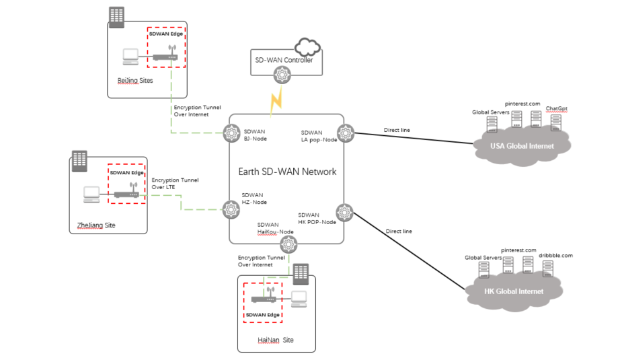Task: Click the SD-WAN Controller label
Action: coord(284,60)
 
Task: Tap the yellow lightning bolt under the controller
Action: coord(276,102)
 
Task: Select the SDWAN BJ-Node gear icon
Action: coord(232,132)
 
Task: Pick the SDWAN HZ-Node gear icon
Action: coord(232,209)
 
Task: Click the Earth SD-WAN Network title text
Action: coord(287,172)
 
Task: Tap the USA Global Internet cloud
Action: coord(522,147)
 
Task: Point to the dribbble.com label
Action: coord(555,255)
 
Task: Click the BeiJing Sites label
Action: coord(135,80)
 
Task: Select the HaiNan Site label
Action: coord(276,340)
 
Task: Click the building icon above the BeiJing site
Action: coord(117,17)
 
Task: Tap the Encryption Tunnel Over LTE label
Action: coord(175,183)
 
